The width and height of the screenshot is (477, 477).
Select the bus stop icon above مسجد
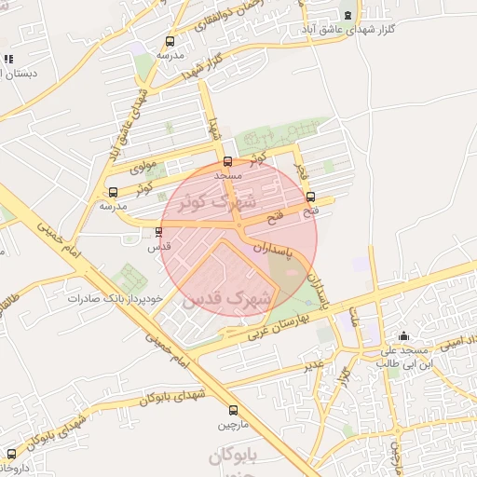tap(228, 161)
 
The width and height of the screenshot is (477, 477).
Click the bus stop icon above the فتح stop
tap(310, 197)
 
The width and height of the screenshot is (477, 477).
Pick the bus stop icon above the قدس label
tap(158, 233)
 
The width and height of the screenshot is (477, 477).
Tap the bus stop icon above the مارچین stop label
tap(233, 410)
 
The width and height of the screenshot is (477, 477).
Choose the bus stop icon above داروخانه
tap(10, 454)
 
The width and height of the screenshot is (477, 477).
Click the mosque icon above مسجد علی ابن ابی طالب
tap(403, 336)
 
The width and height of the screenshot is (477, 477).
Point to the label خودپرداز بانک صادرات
tap(116, 299)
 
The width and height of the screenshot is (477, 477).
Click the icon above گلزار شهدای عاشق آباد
tap(348, 15)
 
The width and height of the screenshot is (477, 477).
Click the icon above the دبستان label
tap(7, 59)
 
